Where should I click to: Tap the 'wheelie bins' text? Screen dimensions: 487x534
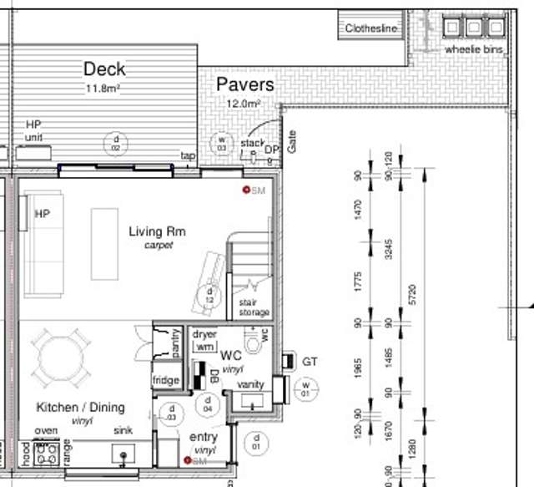(475, 49)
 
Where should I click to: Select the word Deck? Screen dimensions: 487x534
(104, 68)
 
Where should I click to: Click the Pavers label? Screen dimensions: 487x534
(244, 84)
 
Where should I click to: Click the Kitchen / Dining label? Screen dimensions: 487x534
(80, 408)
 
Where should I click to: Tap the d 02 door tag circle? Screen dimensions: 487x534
(117, 143)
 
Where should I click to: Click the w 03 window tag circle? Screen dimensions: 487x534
(222, 143)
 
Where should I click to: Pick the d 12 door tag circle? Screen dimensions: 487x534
(210, 295)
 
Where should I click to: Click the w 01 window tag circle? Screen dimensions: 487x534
(305, 388)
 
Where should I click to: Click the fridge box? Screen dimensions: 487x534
(165, 380)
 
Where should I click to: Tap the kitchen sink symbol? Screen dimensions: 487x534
(124, 456)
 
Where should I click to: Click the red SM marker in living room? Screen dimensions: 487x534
(247, 190)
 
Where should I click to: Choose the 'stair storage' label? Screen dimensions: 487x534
(254, 307)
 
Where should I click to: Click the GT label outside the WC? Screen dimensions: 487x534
(310, 362)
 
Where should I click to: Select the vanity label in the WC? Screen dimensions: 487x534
(250, 384)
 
